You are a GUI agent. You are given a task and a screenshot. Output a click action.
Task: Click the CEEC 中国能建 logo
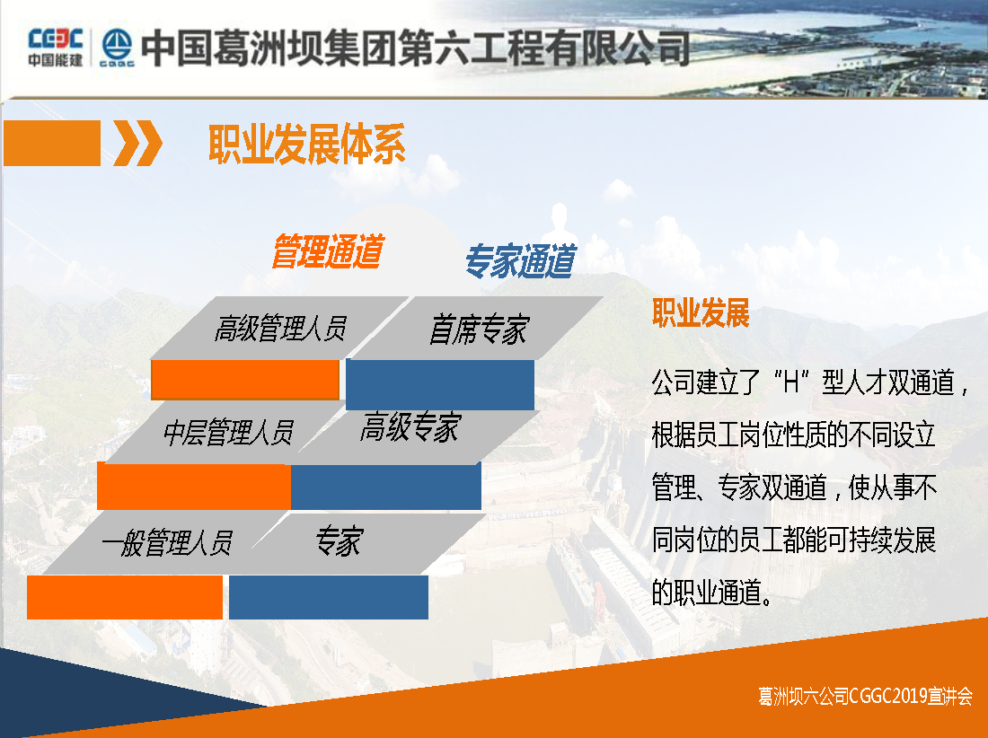point(55,48)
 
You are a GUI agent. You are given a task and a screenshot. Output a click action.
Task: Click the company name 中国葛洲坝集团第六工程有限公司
point(416,48)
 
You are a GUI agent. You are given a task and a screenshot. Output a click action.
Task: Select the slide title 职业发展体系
point(307,145)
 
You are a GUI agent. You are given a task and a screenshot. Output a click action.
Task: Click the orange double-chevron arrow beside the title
point(138,143)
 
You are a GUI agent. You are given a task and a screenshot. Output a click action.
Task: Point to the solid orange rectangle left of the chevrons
point(52,143)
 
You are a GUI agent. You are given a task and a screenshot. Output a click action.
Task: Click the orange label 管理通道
point(328,251)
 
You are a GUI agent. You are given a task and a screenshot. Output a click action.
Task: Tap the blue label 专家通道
point(520,260)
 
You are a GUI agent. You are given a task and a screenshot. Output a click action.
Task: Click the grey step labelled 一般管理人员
point(166,543)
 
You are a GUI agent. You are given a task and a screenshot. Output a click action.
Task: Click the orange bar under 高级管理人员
point(245,380)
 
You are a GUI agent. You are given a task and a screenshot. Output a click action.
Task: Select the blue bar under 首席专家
point(440,385)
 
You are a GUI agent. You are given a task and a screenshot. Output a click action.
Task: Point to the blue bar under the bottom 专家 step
point(328,597)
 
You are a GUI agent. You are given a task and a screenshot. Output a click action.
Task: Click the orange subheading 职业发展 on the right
point(701,313)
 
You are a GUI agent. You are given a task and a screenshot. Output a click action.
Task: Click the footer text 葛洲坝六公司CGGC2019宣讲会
point(865,696)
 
